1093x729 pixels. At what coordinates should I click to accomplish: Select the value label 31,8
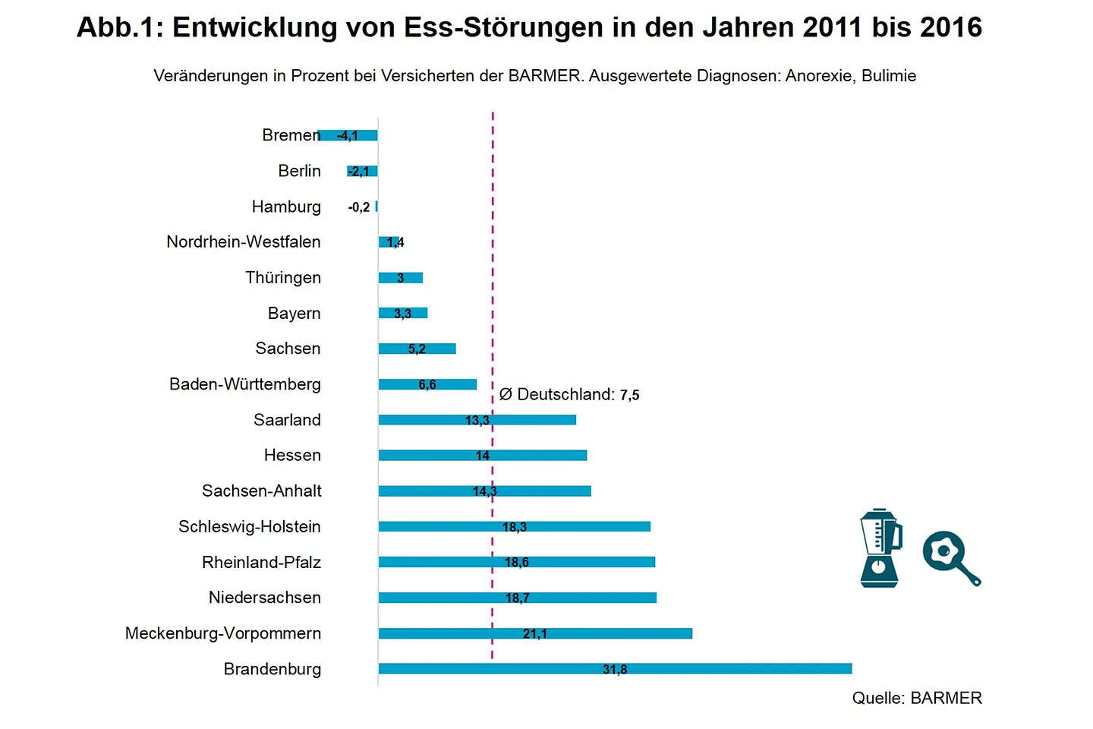(615, 670)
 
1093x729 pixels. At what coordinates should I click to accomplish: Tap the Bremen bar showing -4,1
(348, 136)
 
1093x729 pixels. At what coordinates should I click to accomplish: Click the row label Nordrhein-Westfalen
(244, 242)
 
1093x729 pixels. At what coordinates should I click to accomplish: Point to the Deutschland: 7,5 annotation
(570, 395)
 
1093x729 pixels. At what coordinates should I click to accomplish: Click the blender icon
(880, 548)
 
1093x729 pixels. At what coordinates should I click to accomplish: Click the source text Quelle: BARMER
(917, 698)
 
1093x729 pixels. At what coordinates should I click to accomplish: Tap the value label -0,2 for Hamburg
(359, 207)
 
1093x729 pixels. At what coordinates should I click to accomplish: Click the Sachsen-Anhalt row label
(262, 491)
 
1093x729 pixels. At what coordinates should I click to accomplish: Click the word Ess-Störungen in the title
(504, 28)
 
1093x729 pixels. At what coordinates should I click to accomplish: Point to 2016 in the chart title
(951, 28)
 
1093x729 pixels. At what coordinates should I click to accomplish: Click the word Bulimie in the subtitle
(889, 76)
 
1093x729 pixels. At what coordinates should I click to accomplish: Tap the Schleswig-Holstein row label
(250, 527)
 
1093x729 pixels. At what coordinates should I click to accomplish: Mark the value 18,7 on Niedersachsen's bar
(517, 598)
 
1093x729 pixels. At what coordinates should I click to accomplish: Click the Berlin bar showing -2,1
(362, 172)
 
